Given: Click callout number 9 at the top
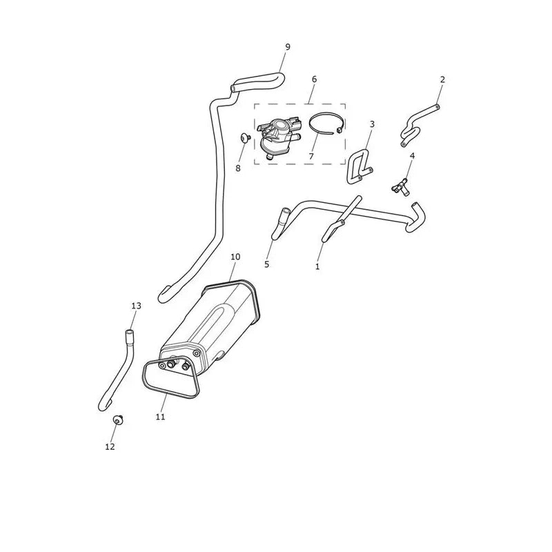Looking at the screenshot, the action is point(288,47).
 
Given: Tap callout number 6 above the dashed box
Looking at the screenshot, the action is point(315,79).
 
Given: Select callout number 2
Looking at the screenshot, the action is point(442,79).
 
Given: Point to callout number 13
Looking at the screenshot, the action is point(136,306).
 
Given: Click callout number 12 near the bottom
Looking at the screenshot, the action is point(110,446).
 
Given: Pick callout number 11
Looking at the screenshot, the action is point(160,417).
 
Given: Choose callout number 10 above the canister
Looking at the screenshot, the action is point(235,257).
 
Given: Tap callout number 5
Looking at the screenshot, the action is point(266,264).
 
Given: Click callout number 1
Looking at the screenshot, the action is point(317,266).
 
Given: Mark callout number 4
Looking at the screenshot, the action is point(412,156).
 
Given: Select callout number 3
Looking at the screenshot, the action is point(372,124).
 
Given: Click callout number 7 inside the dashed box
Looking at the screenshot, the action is point(311,157).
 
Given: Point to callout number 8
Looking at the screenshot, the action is point(238,168).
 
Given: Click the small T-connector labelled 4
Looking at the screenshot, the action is point(400,186).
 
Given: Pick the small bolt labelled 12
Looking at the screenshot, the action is point(117,420).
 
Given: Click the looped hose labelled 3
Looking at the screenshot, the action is point(353,169).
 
